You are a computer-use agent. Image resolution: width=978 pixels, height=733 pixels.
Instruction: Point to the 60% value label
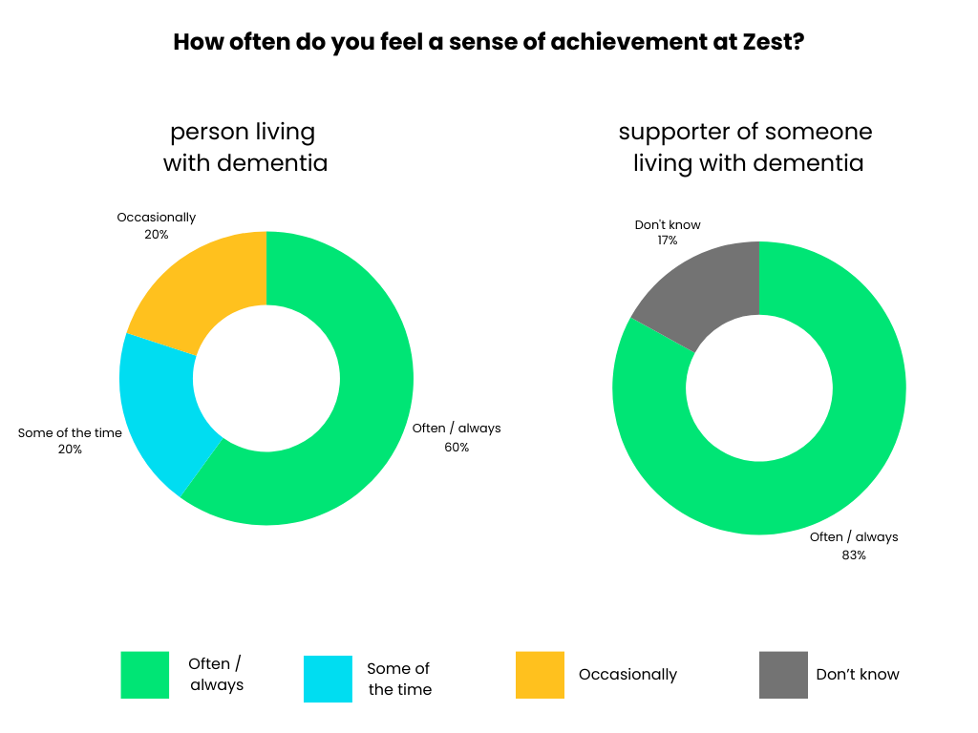pos(457,447)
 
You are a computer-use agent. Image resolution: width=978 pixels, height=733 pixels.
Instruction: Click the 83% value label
pos(854,555)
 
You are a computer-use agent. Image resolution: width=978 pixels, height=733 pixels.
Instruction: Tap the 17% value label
pos(667,241)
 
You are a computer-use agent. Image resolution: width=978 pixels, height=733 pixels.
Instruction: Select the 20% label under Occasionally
pos(157,234)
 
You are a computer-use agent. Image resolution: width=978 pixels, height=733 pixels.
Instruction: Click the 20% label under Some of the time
pos(70,450)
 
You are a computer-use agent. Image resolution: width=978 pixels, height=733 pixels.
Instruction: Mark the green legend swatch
pos(145,675)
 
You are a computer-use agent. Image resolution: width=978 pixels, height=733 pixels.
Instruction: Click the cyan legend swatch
pos(328,679)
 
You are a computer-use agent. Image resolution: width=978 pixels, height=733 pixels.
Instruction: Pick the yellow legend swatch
pos(540,675)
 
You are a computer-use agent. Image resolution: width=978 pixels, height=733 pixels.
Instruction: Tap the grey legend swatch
pos(783,675)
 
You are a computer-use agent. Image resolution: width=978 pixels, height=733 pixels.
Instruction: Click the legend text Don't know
pos(858,675)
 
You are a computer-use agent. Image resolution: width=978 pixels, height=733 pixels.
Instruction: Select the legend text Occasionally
pos(627,675)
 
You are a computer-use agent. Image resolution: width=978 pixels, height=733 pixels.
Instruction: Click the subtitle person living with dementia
pos(244,147)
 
